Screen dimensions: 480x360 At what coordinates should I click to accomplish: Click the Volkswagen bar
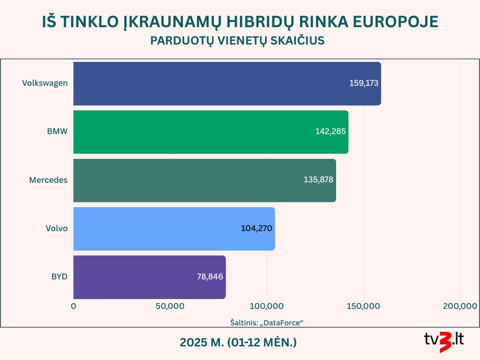[227, 83]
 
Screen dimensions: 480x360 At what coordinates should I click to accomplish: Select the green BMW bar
[211, 132]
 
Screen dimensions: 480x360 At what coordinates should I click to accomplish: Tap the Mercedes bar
[205, 180]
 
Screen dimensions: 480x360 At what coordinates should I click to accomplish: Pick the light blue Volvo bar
[174, 229]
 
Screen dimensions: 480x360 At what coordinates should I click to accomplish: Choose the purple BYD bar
[150, 277]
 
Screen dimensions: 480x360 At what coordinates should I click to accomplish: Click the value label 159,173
[364, 83]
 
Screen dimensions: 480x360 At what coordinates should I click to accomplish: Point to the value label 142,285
[330, 131]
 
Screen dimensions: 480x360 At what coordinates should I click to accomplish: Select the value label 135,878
[318, 180]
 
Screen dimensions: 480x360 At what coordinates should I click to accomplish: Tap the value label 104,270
[256, 228]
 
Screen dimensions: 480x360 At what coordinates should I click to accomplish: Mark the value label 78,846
[210, 277]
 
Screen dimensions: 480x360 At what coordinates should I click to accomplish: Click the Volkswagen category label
[45, 83]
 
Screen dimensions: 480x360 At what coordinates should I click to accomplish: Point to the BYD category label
[60, 277]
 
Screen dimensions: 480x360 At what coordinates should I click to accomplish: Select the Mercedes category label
[48, 180]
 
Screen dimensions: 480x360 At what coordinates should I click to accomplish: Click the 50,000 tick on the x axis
[170, 306]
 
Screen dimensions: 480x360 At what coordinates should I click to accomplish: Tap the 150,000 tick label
[363, 306]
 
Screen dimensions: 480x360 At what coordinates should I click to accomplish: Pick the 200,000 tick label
[460, 306]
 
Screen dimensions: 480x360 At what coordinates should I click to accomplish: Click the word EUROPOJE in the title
[396, 22]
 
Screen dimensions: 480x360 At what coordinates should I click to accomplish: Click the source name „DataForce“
[281, 322]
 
